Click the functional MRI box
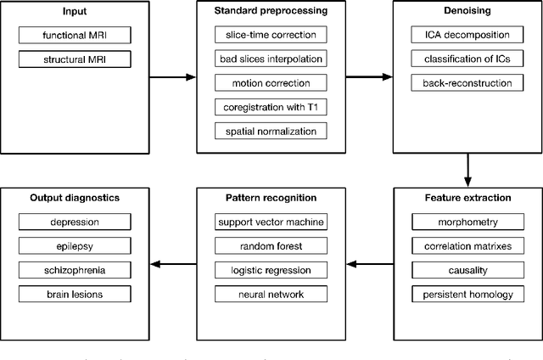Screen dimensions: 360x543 pos(74,35)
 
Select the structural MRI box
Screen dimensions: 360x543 pos(74,59)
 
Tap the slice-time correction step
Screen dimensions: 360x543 pos(271,35)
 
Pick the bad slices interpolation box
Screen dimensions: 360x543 pos(271,59)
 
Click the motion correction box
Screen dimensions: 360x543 pos(271,83)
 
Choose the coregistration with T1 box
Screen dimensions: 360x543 pos(271,108)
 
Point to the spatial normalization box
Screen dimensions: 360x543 pos(271,132)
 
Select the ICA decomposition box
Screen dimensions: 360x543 pos(467,35)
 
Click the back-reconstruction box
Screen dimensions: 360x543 pos(467,83)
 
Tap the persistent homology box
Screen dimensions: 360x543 pos(467,295)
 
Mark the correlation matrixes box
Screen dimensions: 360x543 pos(467,246)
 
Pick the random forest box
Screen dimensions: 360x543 pos(271,246)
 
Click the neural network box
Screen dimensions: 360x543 pos(271,295)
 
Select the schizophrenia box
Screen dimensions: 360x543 pos(74,271)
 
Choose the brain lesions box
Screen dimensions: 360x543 pos(74,295)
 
